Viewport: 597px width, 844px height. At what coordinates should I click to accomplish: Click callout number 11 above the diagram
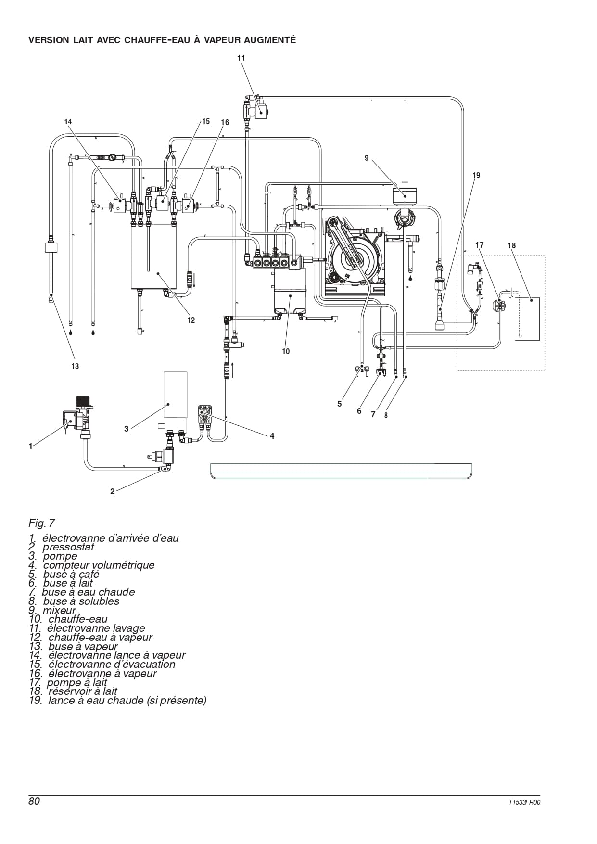(241, 58)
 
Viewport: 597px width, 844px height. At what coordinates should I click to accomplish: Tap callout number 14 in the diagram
(68, 122)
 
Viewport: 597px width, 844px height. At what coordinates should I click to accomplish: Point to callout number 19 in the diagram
(476, 175)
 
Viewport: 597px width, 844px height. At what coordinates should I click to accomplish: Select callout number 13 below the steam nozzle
(75, 366)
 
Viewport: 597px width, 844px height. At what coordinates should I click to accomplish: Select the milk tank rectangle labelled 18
(527, 319)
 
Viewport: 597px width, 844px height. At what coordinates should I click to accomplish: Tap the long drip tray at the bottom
(341, 472)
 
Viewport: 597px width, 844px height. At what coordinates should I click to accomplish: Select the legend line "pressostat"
(68, 547)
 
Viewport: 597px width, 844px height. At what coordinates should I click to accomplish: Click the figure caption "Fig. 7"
(42, 523)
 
